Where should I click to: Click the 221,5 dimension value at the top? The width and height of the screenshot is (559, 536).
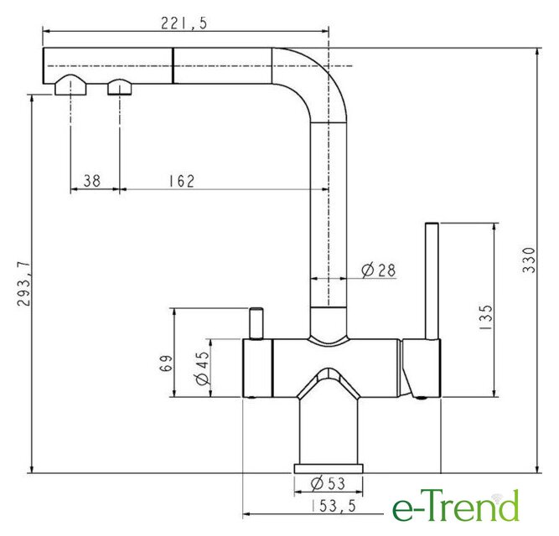(x=184, y=23)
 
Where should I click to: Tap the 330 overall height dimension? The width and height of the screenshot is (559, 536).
(x=529, y=260)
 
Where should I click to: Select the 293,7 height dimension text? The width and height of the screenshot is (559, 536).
(x=24, y=284)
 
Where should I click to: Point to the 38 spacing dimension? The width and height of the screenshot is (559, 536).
(x=92, y=181)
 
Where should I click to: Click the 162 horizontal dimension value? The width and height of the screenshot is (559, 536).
(x=182, y=181)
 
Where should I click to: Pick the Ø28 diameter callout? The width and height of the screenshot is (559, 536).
(x=378, y=270)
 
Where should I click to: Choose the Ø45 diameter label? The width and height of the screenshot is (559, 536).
(x=203, y=368)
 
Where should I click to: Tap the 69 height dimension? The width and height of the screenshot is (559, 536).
(x=166, y=363)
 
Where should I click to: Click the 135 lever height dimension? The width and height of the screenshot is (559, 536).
(x=485, y=317)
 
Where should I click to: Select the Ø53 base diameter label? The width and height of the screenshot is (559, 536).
(x=328, y=483)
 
